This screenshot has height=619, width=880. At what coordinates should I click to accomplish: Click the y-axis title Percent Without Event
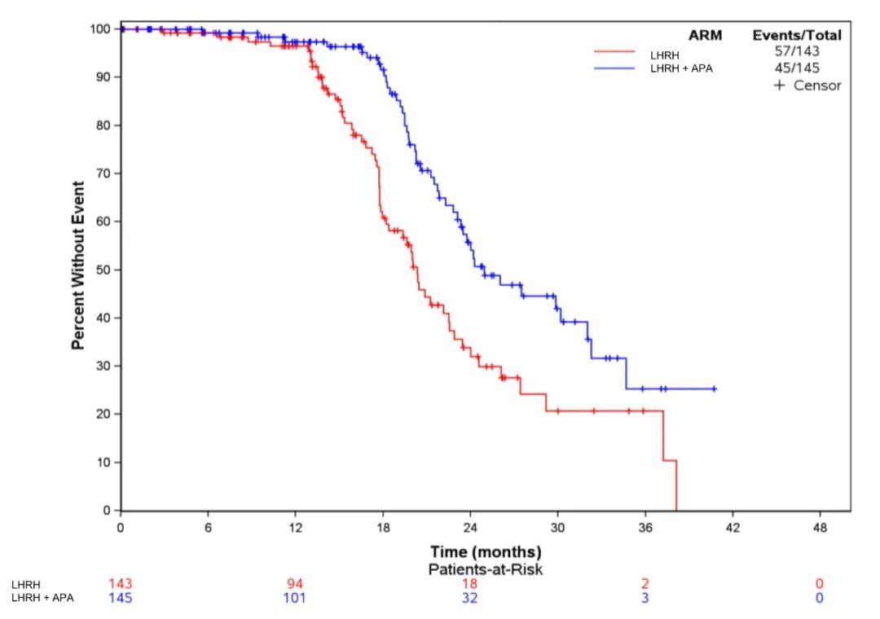point(78,266)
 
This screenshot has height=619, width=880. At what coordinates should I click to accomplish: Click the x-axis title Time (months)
point(486,553)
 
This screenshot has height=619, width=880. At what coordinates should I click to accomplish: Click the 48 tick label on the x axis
point(820,527)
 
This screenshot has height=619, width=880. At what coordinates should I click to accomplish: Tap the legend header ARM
point(705,35)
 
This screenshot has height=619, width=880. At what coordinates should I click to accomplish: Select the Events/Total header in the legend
point(797,35)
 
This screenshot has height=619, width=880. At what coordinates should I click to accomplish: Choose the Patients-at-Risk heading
point(486,569)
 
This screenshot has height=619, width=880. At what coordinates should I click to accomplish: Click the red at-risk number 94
point(295,583)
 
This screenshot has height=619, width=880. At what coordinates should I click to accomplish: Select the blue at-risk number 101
point(295,598)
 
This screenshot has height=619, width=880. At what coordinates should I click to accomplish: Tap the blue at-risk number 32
point(470,598)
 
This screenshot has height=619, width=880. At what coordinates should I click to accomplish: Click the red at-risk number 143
point(121,583)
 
